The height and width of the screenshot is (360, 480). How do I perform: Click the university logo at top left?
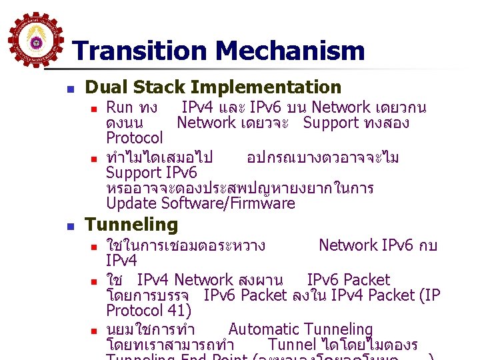click(36, 41)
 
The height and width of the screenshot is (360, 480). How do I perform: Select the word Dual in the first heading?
click(107, 87)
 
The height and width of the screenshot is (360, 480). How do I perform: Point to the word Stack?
click(160, 87)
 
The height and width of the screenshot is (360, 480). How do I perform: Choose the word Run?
click(120, 107)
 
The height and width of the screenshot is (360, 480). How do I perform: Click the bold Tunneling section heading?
click(132, 224)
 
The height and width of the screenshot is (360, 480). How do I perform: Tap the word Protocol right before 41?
click(135, 310)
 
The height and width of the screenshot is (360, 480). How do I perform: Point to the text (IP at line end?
click(429, 295)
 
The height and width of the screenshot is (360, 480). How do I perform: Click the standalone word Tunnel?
click(291, 344)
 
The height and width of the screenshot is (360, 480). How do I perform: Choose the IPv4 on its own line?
click(121, 260)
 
